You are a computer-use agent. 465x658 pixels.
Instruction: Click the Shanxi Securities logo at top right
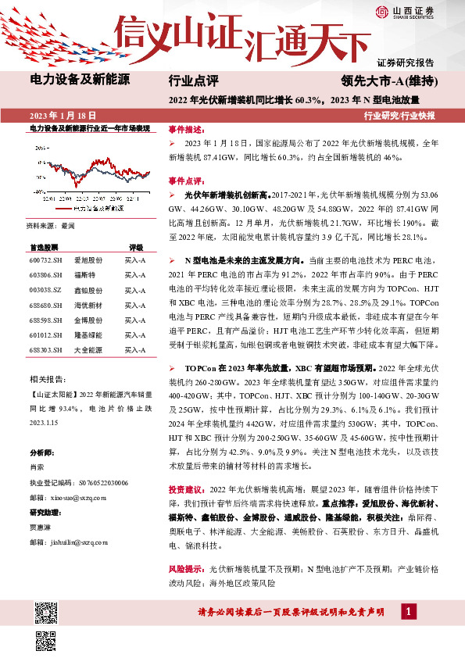(x=405, y=13)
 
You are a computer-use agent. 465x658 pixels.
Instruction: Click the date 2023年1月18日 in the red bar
(x=67, y=115)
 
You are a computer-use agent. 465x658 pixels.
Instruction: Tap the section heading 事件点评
(x=185, y=180)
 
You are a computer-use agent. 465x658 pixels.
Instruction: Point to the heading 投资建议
(x=185, y=488)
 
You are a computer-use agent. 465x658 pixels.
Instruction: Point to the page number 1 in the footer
(x=407, y=611)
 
